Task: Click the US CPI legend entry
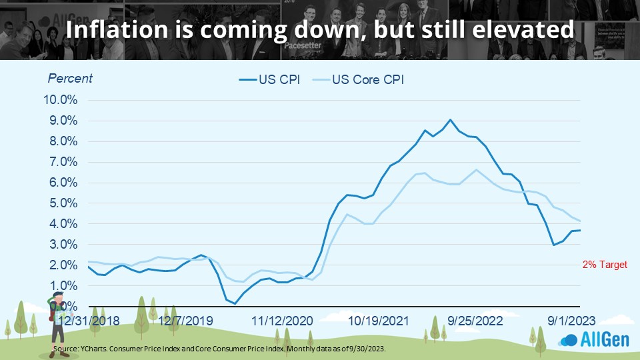coord(269,79)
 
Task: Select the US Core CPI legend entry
coord(360,79)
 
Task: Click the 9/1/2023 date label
coord(566,320)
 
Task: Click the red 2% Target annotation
coord(605,265)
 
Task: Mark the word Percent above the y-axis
coord(70,78)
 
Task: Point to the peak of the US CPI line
coord(451,120)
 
